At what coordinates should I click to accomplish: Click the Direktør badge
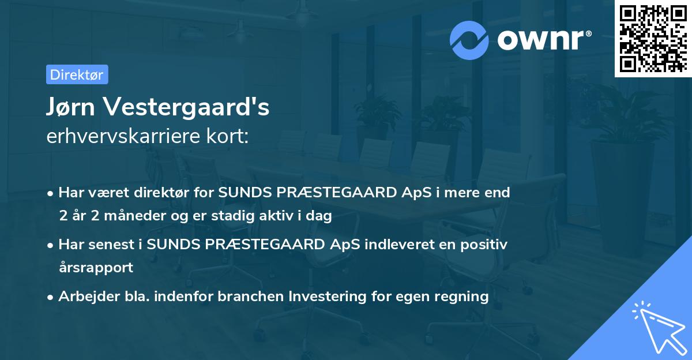click(77, 74)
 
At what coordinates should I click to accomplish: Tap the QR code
click(653, 38)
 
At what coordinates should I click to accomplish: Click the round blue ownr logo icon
click(469, 40)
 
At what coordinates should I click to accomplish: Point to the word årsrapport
click(96, 268)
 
